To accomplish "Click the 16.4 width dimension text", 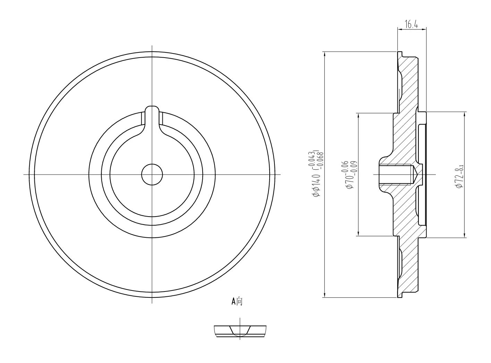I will coord(412,24).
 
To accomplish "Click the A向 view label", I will coord(237,301).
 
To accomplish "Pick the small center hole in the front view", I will coord(152,174).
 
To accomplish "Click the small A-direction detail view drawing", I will coord(240,331).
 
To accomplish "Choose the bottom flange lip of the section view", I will coord(400,295).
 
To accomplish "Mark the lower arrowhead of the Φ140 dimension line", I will coord(324,295).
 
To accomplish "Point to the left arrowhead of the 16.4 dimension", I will coord(399,30).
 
